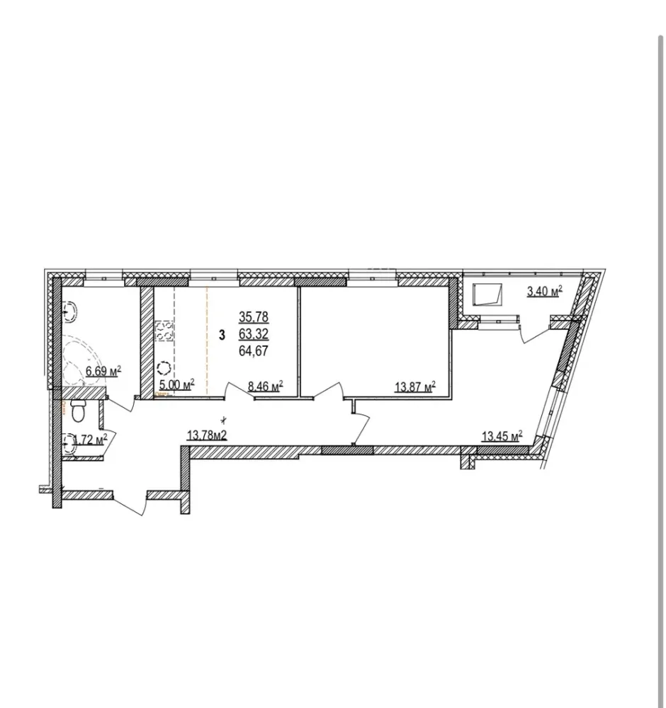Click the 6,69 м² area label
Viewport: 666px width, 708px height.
point(103,371)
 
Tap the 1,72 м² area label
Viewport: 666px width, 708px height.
point(90,439)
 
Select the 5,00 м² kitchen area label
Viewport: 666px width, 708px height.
point(176,384)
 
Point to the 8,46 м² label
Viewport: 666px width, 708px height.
point(265,386)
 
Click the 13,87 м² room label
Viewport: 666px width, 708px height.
point(415,387)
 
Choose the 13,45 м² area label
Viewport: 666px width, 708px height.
point(502,436)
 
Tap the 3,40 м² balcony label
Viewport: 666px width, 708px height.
point(544,291)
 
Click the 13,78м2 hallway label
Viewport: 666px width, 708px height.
point(206,435)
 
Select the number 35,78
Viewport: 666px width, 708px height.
point(254,317)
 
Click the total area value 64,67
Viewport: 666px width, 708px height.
point(254,351)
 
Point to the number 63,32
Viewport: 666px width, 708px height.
point(254,334)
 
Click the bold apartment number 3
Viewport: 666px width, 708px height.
point(222,336)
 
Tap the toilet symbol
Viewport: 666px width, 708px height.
point(78,411)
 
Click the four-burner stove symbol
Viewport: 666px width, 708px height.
point(164,330)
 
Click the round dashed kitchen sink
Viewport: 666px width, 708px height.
point(163,368)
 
